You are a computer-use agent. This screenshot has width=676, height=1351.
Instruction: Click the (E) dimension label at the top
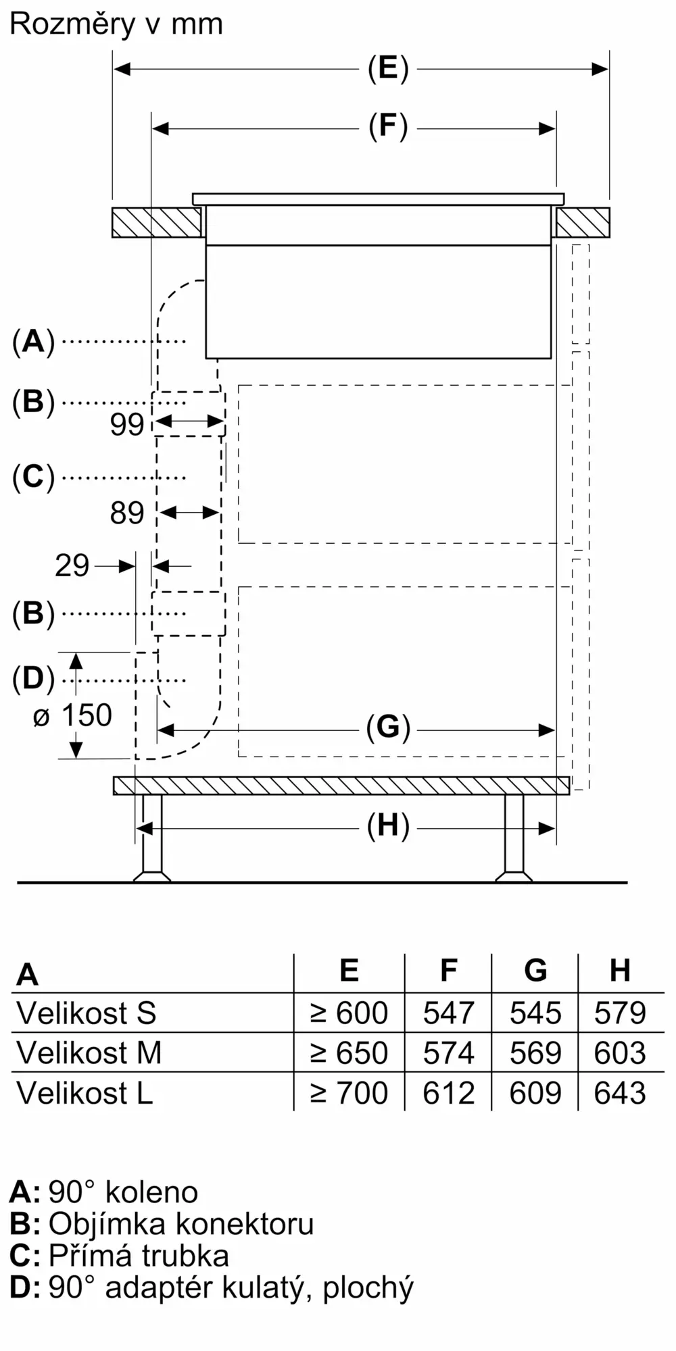click(388, 69)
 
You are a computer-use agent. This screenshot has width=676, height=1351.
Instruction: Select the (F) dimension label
click(388, 128)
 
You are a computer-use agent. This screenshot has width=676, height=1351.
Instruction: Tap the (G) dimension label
click(388, 728)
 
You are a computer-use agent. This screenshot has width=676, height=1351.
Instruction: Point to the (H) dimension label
click(388, 826)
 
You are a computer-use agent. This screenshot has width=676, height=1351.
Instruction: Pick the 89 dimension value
click(127, 513)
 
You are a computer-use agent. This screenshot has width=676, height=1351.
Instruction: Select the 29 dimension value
click(72, 565)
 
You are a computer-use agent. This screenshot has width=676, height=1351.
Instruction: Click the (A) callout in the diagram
click(33, 342)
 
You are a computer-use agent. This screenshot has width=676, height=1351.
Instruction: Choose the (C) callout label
click(33, 477)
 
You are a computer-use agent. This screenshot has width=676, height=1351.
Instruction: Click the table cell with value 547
click(448, 1013)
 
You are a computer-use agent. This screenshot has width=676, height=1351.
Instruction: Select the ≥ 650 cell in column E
click(349, 1053)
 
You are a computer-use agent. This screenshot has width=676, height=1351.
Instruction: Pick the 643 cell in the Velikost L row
click(620, 1093)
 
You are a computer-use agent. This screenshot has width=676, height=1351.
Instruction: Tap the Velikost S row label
click(87, 1013)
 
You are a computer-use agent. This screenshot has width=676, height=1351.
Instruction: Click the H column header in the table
click(620, 971)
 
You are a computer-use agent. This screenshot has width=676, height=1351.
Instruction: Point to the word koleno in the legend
click(151, 1192)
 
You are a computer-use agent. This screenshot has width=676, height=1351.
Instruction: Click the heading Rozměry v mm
click(116, 24)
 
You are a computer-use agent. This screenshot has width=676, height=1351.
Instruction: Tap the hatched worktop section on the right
click(582, 222)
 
